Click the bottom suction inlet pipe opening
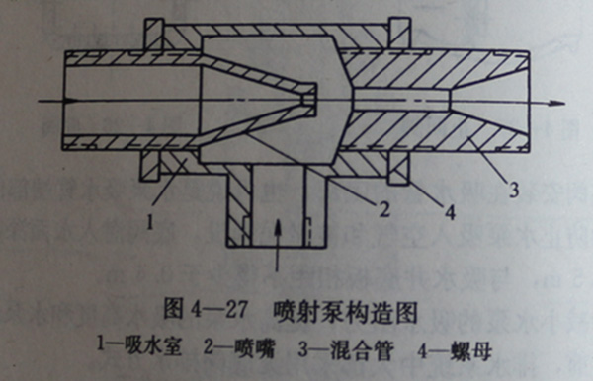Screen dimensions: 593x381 (x=280, y=242)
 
